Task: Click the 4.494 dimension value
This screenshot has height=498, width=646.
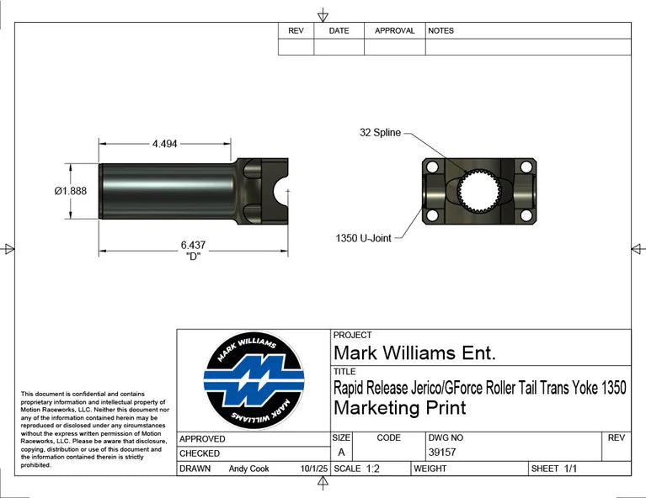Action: [x=164, y=144]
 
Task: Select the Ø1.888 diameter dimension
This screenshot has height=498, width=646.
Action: [x=70, y=191]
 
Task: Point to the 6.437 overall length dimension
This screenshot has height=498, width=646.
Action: [x=193, y=245]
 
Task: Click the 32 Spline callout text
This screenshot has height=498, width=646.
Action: [x=380, y=133]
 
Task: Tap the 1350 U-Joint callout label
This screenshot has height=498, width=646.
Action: [x=365, y=238]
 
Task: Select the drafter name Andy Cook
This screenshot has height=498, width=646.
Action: [x=248, y=469]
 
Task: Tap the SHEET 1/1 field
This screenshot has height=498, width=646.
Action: [x=554, y=469]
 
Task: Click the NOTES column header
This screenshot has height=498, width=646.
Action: [x=440, y=30]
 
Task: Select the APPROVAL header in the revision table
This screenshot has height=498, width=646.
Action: [x=394, y=30]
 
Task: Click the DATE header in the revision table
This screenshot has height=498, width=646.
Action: [x=339, y=30]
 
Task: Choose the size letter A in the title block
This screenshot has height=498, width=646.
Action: [x=341, y=453]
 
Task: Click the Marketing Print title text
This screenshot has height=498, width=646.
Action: [x=399, y=408]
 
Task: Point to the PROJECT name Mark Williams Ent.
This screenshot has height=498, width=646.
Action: [x=415, y=352]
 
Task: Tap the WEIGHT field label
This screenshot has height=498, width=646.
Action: [x=430, y=469]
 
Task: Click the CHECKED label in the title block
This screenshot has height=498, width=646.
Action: [x=200, y=453]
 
